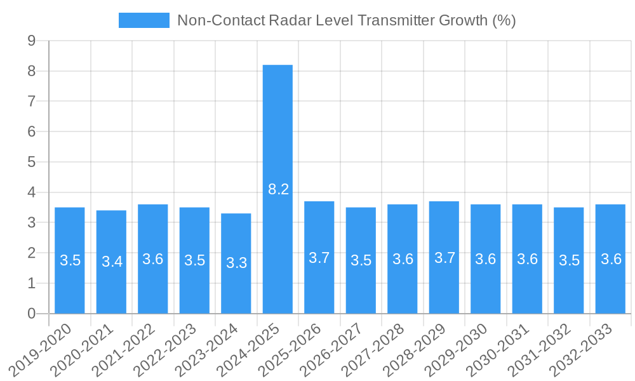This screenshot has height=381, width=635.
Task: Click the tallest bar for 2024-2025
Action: [277, 127]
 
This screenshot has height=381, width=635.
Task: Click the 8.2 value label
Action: [279, 189]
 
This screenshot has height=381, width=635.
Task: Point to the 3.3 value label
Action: [237, 263]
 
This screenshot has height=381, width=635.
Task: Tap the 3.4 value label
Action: [112, 262]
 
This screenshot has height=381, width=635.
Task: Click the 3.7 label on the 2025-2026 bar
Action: [319, 258]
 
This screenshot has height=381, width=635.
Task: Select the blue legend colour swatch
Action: [144, 20]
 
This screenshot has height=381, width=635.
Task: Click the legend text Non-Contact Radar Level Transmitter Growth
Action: [346, 20]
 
